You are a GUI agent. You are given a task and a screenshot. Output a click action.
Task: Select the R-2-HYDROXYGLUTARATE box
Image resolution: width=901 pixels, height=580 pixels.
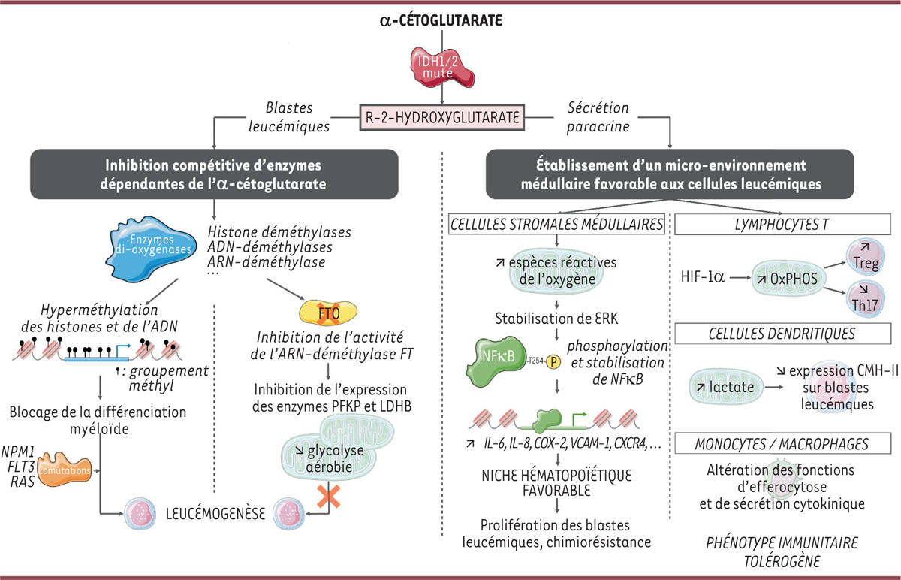click(x=442, y=119)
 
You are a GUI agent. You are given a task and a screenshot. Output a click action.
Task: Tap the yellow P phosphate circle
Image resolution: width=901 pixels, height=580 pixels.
click(x=555, y=359)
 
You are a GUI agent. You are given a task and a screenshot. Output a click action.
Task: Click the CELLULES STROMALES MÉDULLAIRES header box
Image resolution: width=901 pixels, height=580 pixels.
click(x=556, y=223)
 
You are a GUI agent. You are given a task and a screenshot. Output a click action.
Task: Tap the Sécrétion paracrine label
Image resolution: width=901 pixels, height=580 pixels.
click(x=593, y=117)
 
